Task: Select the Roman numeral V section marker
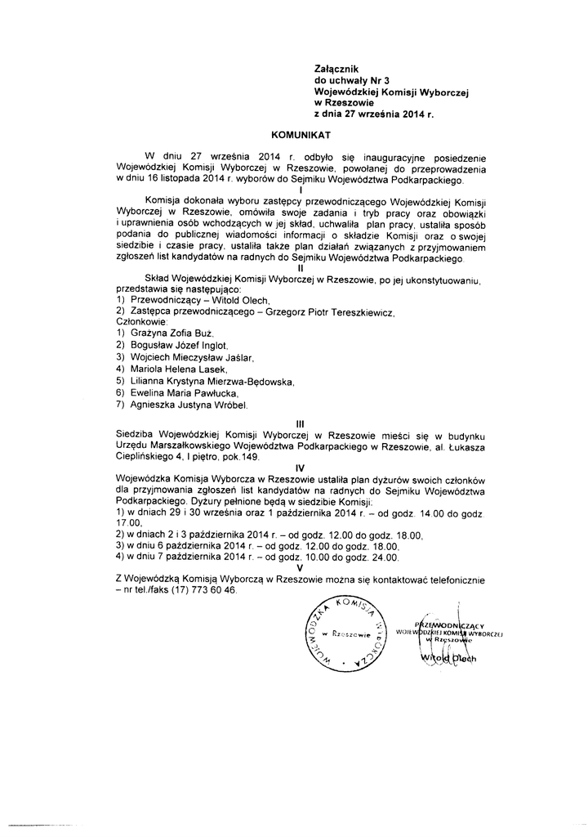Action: point(301,568)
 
